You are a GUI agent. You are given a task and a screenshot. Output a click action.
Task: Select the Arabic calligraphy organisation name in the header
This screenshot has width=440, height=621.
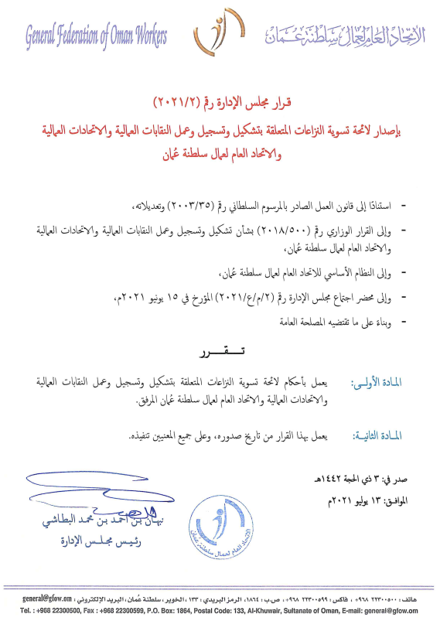337,34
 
